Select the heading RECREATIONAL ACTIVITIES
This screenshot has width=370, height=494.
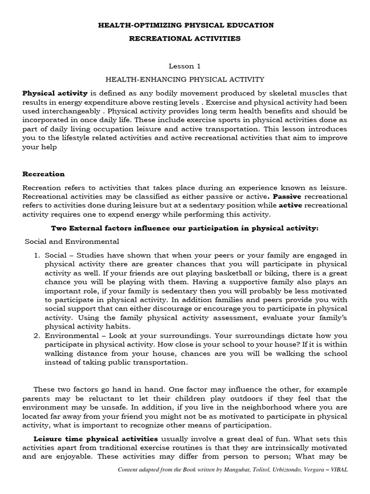(185, 38)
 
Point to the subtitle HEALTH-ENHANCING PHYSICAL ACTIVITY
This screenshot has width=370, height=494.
(185, 79)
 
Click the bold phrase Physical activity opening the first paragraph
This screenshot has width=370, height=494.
(55, 93)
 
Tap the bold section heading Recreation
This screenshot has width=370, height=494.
(43, 174)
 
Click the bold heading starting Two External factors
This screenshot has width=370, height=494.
(185, 228)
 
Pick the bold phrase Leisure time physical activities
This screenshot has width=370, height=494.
(95, 439)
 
